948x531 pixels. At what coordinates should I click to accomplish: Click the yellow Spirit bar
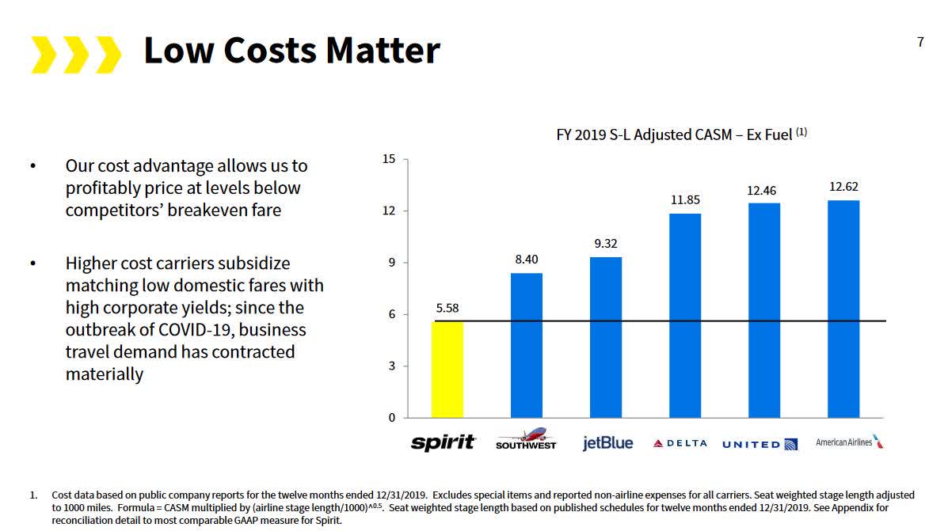point(447,369)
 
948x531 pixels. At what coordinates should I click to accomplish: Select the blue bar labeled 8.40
point(527,345)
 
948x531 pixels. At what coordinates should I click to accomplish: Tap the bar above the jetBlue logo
point(606,337)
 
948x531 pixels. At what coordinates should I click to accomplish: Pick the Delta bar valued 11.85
point(685,315)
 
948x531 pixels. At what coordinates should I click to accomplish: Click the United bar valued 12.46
point(764,310)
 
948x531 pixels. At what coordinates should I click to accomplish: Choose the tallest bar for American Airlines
point(843,309)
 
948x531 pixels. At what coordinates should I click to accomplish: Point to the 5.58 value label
point(447,309)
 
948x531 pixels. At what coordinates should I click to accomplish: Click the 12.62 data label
point(843,188)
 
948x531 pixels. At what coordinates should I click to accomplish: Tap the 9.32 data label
point(606,244)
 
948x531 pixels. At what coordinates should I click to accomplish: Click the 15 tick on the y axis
point(389,159)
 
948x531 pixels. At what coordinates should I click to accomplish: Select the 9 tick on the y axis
point(391,263)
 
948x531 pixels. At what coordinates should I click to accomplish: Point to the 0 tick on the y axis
point(391,418)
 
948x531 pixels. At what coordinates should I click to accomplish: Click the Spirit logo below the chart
point(444,442)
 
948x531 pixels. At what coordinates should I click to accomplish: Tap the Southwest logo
point(526,440)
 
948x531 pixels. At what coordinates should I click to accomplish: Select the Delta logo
point(680,443)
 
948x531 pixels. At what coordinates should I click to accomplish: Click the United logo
point(760,445)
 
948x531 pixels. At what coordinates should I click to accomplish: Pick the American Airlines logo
point(849,442)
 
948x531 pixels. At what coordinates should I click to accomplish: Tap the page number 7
point(920,43)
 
